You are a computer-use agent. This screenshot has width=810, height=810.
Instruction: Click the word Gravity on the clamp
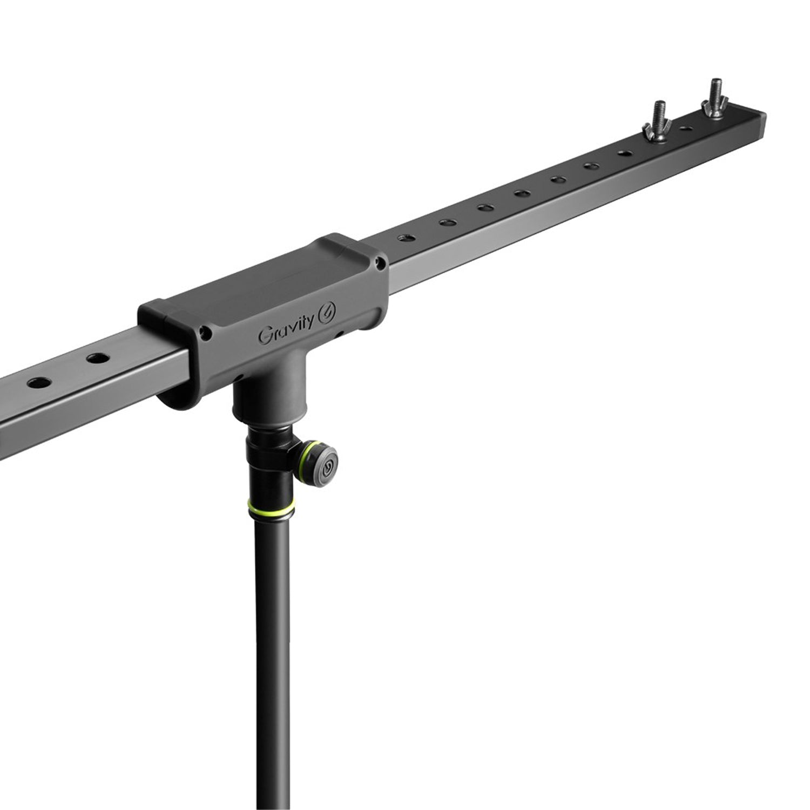286,328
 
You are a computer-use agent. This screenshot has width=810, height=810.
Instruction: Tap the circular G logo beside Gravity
328,314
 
